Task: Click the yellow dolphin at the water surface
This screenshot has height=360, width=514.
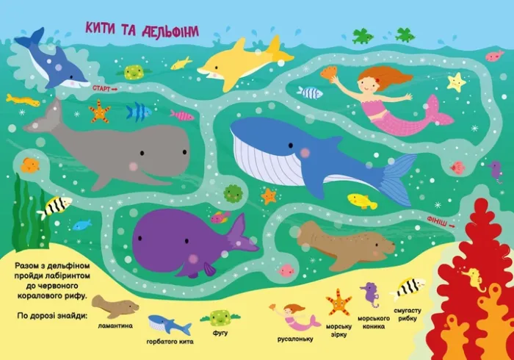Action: click(239, 60)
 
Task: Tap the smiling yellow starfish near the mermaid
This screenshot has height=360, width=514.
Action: click(457, 81)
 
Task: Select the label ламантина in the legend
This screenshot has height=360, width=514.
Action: click(115, 325)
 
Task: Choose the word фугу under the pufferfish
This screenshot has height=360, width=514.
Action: click(220, 333)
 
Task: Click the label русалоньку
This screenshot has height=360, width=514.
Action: click(296, 339)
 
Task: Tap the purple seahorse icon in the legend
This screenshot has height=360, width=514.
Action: click(370, 295)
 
